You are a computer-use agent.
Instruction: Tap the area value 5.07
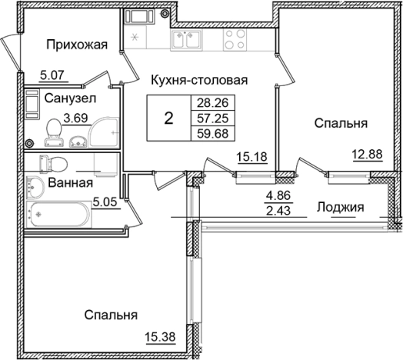pyautogui.click(x=52, y=76)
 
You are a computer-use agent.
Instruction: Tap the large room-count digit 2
pyautogui.click(x=168, y=118)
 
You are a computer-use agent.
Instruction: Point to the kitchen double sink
pyautogui.click(x=186, y=42)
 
